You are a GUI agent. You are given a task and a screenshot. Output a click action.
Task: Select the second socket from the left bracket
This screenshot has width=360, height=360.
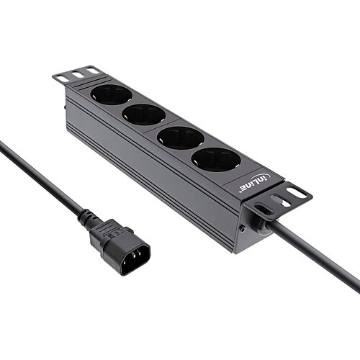coord(143,114)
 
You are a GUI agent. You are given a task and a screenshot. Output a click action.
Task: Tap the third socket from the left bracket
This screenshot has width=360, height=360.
coord(179,137)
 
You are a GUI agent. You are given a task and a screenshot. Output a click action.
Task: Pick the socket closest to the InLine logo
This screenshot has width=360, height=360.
coord(216,160)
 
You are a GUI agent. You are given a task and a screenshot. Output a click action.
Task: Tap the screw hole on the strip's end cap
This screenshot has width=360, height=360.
coord(243,229)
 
